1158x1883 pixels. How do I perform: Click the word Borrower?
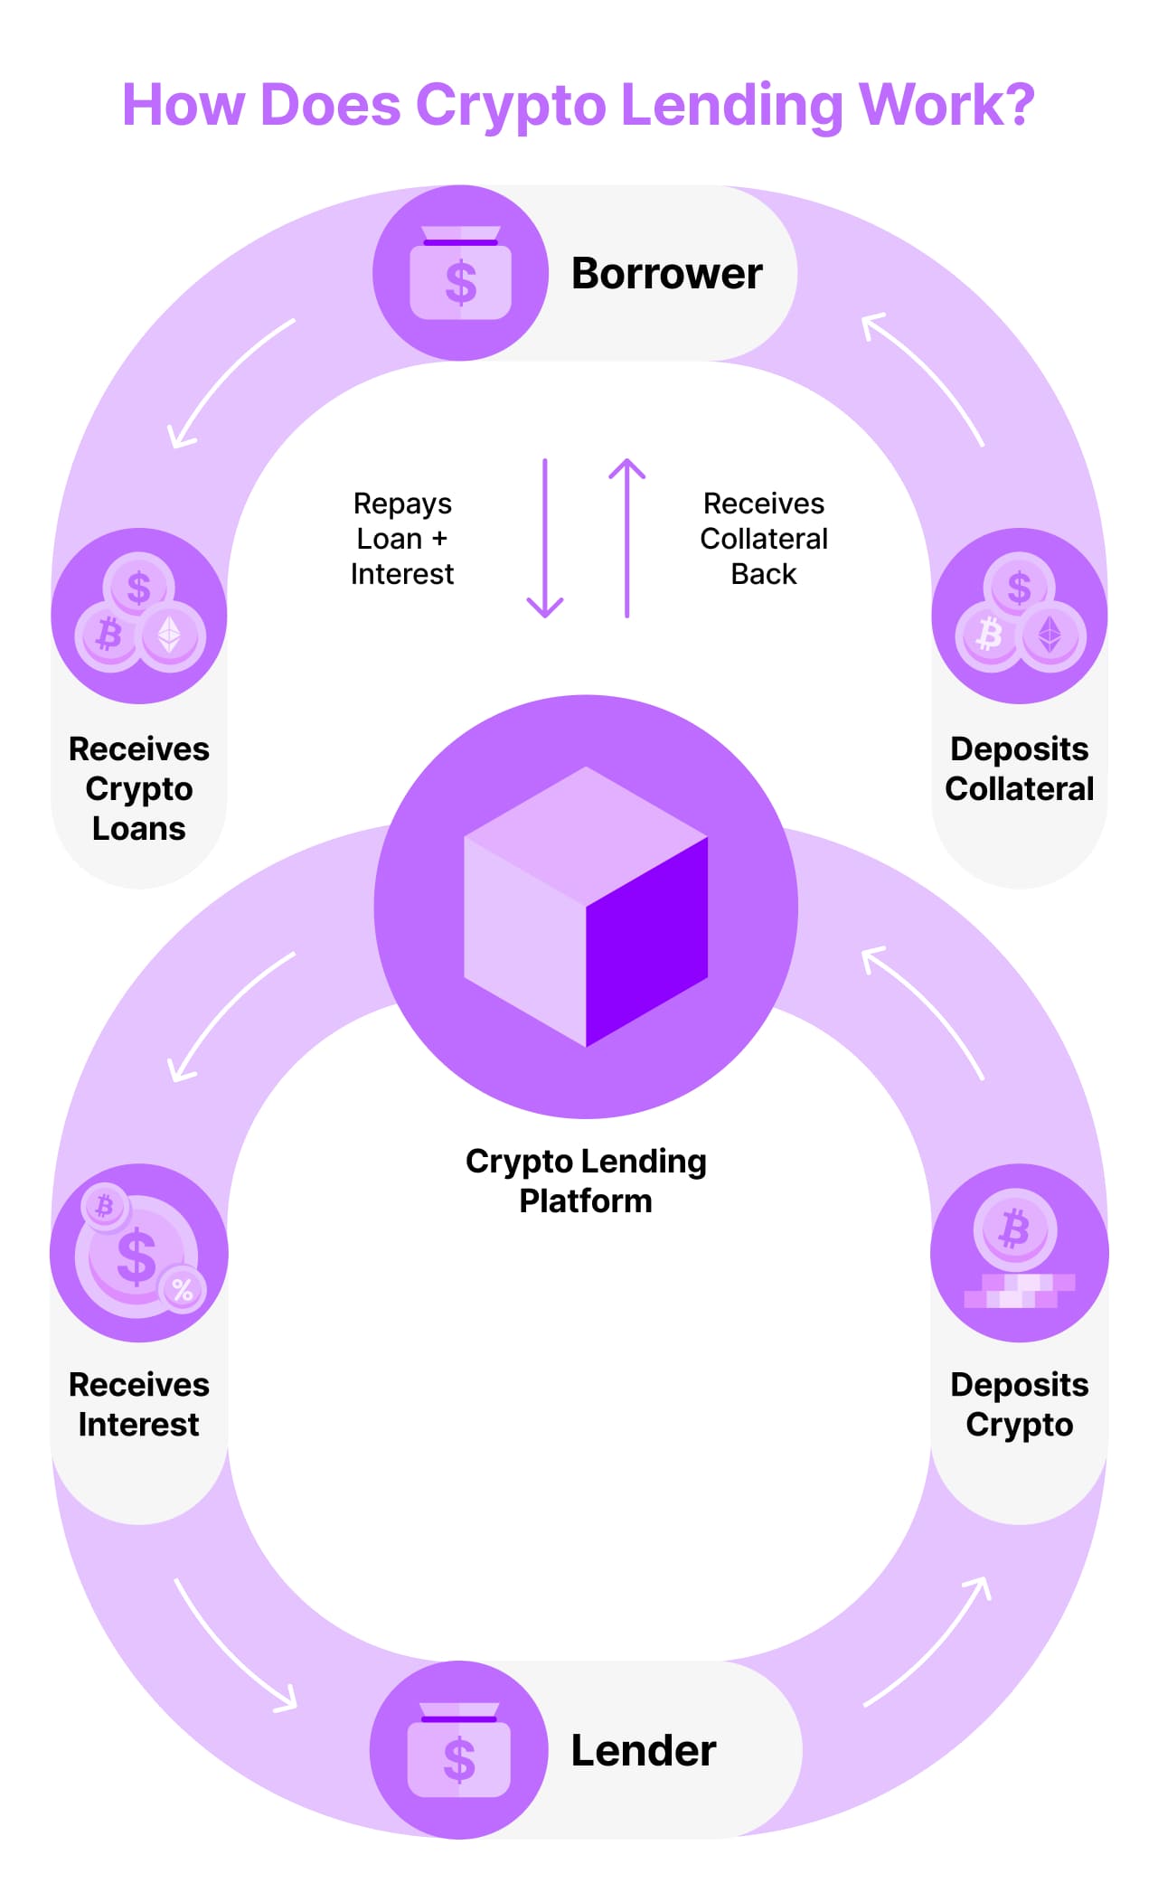click(x=666, y=274)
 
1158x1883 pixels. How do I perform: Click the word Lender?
click(x=643, y=1751)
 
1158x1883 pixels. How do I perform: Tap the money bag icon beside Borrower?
click(x=460, y=273)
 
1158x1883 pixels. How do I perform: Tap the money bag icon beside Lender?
click(x=458, y=1750)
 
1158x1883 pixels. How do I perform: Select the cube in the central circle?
click(x=586, y=907)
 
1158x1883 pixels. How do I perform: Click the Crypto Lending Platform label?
click(x=586, y=1181)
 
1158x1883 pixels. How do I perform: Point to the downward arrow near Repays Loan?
click(x=545, y=539)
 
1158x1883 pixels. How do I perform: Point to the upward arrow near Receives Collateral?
click(x=626, y=539)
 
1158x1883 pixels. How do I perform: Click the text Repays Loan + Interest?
click(x=402, y=539)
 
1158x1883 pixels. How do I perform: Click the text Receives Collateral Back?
click(x=764, y=539)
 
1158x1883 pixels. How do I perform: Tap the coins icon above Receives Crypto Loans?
click(x=139, y=616)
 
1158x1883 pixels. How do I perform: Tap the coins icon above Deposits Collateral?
click(x=1020, y=616)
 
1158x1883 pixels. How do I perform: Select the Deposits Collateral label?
click(x=1020, y=768)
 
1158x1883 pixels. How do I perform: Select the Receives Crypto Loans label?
click(x=139, y=788)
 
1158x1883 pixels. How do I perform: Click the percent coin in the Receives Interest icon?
click(x=183, y=1290)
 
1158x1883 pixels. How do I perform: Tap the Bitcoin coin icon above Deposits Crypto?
click(x=1015, y=1229)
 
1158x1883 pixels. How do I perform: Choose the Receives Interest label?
click(x=139, y=1404)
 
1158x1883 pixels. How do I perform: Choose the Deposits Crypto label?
click(x=1020, y=1404)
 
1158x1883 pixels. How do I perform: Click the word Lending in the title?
click(x=732, y=106)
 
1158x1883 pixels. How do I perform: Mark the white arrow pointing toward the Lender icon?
click(x=237, y=1647)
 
